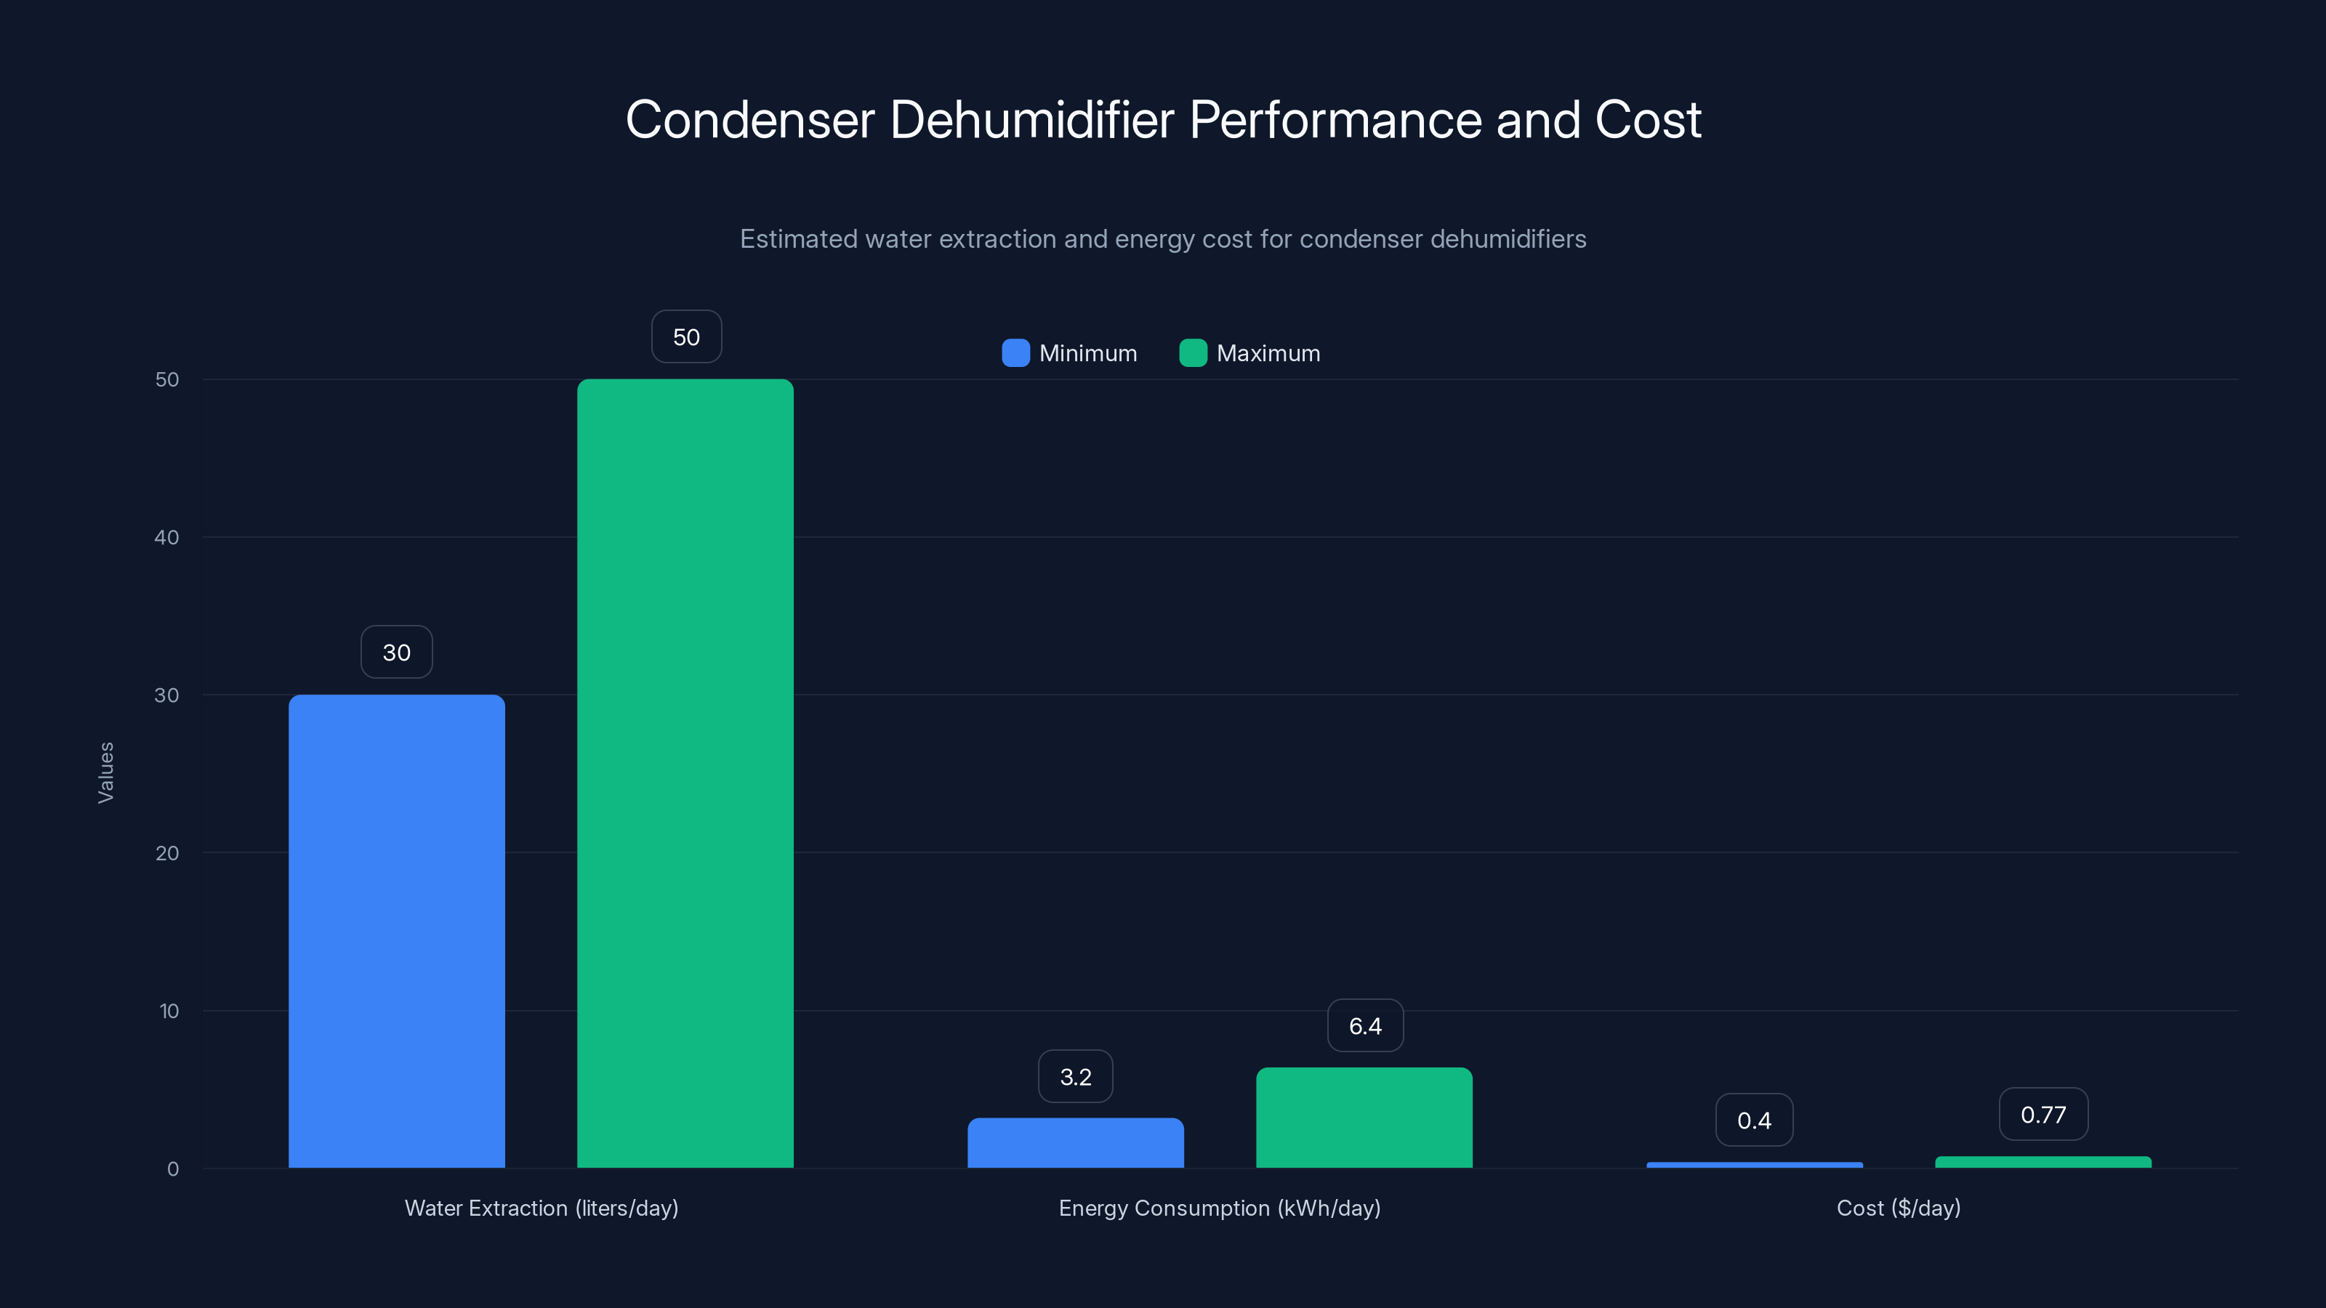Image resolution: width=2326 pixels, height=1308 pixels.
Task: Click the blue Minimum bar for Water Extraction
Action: coord(396,930)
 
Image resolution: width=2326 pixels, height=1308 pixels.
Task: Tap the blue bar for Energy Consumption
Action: coord(1076,1143)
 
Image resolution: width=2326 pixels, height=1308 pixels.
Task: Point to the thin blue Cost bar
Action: coord(1755,1164)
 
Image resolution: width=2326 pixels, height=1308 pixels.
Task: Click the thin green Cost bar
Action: coord(2043,1162)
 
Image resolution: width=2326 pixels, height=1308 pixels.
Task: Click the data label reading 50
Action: coord(686,336)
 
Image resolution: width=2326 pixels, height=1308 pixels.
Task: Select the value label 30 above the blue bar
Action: coord(396,652)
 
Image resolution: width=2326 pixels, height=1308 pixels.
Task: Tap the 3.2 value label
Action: coord(1076,1076)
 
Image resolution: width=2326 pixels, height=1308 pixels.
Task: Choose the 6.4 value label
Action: coord(1365,1025)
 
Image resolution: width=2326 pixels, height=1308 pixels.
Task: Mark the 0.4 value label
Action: coord(1755,1121)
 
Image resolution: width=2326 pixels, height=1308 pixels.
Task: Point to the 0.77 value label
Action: coord(2043,1114)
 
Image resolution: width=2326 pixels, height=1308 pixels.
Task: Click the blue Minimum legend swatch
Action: coord(1016,353)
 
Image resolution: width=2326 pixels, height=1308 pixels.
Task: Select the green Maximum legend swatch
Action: coord(1193,353)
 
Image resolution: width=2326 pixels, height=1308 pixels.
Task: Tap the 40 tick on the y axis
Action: coord(167,537)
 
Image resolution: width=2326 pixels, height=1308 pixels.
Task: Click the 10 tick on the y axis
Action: coord(169,1010)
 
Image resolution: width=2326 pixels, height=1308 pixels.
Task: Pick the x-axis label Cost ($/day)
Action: coord(1898,1208)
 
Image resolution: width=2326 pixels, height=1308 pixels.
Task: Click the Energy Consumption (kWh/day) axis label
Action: coord(1219,1208)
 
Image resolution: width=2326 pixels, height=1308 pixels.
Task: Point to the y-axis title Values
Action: coord(105,772)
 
